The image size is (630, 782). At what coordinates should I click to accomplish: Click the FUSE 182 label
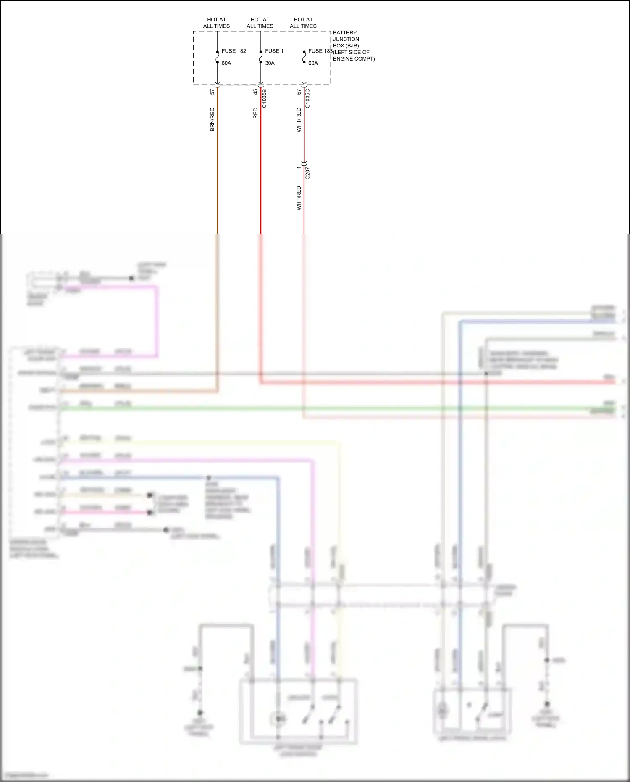pos(234,51)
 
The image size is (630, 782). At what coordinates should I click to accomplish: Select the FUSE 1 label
pos(274,51)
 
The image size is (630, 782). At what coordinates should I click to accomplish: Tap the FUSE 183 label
pos(320,51)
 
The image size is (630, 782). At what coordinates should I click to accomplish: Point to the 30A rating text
pos(270,63)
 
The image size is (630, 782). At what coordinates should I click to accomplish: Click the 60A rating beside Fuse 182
pos(226,63)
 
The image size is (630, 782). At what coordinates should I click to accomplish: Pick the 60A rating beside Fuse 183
pos(313,63)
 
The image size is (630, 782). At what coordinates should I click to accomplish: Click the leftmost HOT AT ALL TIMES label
pos(216,23)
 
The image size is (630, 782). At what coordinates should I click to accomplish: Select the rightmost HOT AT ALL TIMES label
pos(303,23)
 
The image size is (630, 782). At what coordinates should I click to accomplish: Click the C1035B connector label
pos(264,98)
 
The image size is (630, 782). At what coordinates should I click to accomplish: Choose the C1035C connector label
pos(307,98)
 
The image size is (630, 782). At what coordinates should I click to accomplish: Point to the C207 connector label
pos(307,173)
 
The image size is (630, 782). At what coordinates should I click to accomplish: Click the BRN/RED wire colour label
pos(212,119)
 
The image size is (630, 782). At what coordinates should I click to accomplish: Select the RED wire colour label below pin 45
pos(255,113)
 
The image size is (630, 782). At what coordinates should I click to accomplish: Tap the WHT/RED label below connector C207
pos(299,198)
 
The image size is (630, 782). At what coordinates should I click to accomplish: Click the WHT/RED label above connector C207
pos(299,120)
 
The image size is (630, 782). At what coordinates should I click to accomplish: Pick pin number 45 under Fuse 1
pos(255,92)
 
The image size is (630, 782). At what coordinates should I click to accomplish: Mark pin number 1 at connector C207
pos(299,168)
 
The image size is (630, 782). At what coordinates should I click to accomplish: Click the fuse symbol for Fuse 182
pos(218,57)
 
